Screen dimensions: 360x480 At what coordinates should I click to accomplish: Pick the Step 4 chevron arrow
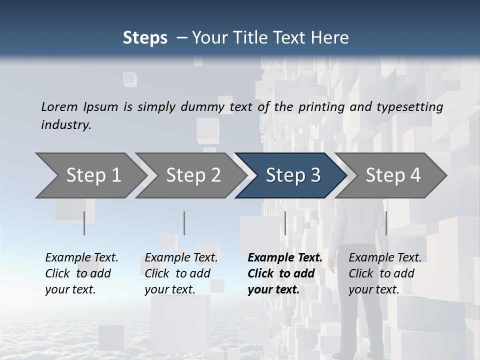click(392, 175)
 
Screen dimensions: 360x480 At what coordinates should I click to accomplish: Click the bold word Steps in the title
click(145, 38)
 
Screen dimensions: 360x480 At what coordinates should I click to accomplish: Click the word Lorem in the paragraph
click(59, 106)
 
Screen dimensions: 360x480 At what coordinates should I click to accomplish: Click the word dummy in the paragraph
click(204, 107)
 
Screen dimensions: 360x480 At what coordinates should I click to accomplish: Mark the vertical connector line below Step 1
click(84, 223)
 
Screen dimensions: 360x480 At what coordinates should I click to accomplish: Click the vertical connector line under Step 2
click(184, 223)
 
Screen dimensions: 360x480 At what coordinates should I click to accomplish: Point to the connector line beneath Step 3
click(285, 223)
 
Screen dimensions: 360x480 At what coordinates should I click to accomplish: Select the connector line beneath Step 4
click(386, 223)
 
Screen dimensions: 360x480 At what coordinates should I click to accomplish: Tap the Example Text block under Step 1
click(81, 273)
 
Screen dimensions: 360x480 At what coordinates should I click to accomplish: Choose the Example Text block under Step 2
click(181, 273)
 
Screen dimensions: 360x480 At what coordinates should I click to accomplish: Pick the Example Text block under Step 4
click(385, 273)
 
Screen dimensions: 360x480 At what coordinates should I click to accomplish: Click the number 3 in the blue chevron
click(314, 175)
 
